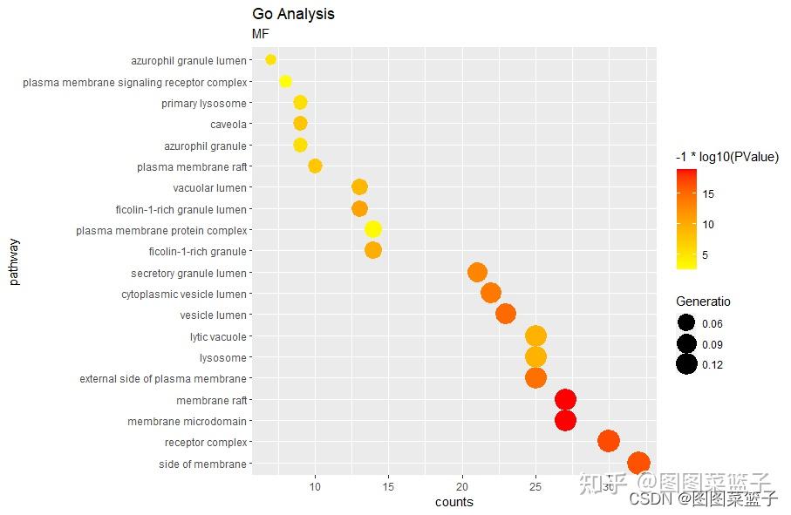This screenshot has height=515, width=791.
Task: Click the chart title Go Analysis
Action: (293, 14)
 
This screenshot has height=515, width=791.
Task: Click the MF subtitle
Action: (261, 34)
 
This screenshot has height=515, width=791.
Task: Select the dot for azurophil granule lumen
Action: (270, 59)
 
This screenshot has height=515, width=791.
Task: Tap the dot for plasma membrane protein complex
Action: (372, 229)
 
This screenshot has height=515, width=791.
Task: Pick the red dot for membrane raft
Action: (565, 400)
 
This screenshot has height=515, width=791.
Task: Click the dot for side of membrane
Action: (638, 464)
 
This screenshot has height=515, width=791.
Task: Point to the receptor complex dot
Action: (609, 442)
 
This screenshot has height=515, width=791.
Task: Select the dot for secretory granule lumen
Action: (477, 272)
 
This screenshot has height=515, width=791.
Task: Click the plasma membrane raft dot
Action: (315, 166)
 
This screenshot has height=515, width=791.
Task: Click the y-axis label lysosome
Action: (222, 358)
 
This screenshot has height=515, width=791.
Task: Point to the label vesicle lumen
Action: (213, 315)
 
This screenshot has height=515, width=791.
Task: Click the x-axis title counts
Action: (453, 502)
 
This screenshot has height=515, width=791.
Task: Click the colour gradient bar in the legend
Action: (686, 219)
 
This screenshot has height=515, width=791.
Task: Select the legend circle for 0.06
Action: (686, 323)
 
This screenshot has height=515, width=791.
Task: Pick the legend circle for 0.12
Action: (686, 364)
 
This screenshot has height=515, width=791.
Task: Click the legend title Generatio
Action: (703, 302)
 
